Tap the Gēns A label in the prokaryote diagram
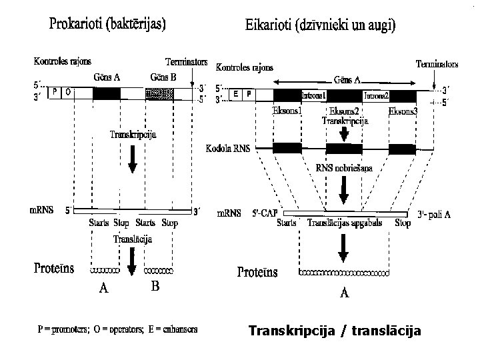click(107, 77)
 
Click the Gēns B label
click(163, 77)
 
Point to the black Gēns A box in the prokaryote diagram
click(107, 94)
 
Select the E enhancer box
click(237, 95)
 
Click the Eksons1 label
click(287, 110)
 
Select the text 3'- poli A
click(435, 215)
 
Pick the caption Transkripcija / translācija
click(335, 329)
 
